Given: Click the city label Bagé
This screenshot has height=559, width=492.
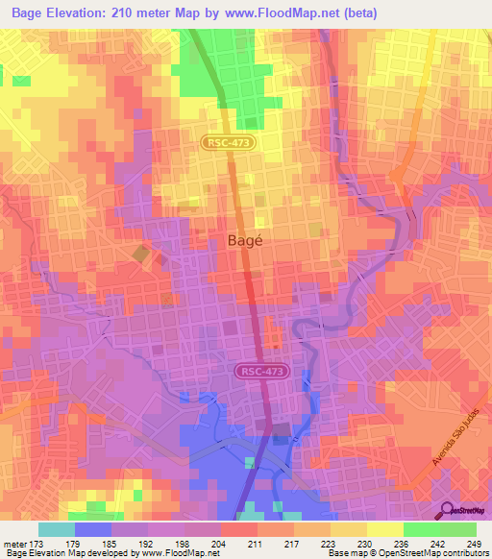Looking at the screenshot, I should pyautogui.click(x=245, y=243).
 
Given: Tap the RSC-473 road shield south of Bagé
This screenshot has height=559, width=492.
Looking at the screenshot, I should pyautogui.click(x=260, y=370).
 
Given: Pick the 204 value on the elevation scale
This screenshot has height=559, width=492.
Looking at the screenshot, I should pyautogui.click(x=220, y=544).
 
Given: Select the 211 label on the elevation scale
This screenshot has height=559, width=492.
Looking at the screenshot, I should pyautogui.click(x=256, y=544).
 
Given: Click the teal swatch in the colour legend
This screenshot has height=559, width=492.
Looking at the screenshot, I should pyautogui.click(x=56, y=529).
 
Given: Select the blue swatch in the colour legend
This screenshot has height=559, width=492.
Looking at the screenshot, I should pyautogui.click(x=92, y=529).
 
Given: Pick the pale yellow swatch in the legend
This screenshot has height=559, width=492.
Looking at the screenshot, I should pyautogui.click(x=384, y=529).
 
